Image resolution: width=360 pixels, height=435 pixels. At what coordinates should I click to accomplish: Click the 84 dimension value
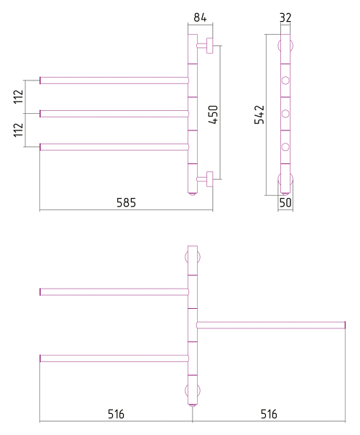click(200, 17)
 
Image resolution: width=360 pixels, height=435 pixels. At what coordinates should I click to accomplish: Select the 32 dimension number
click(285, 17)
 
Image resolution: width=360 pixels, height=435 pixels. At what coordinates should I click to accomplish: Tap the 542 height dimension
click(259, 115)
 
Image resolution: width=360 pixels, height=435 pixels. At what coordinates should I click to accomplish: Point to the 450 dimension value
click(213, 115)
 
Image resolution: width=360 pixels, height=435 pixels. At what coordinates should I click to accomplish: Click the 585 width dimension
click(126, 202)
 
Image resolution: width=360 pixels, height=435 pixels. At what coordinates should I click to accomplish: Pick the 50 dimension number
click(285, 202)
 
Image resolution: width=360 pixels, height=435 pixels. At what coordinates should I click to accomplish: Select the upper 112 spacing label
click(18, 96)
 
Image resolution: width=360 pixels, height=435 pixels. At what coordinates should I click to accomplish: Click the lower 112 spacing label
click(18, 130)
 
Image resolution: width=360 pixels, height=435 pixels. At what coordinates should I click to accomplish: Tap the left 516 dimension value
click(116, 414)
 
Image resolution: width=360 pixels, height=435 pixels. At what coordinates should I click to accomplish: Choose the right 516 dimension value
click(269, 414)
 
